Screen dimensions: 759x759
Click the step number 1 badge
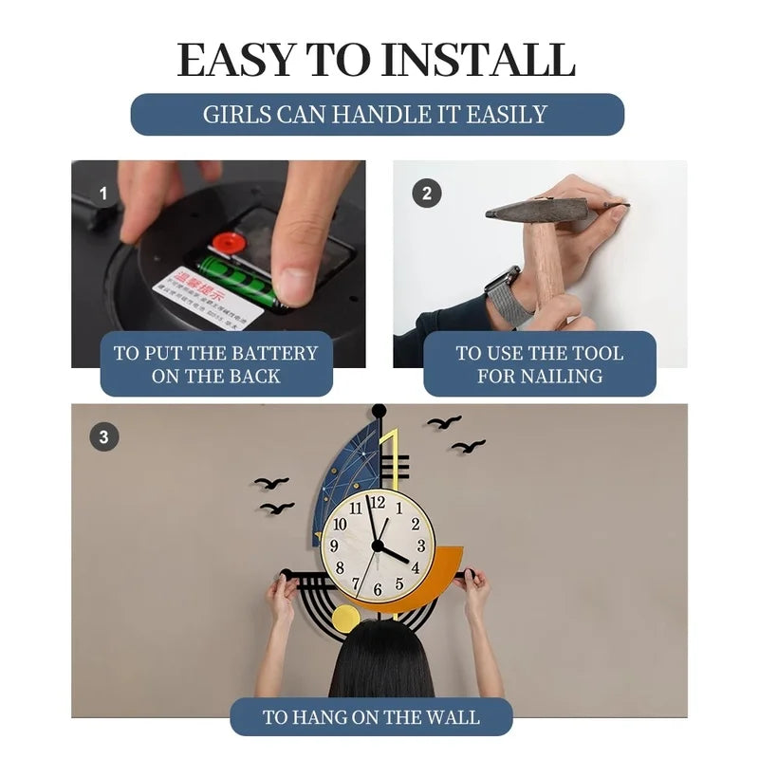(x=104, y=194)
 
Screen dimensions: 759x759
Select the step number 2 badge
(x=427, y=194)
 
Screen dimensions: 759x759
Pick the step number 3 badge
(x=104, y=437)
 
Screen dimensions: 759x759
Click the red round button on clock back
(x=228, y=243)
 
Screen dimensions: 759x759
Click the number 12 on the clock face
(x=378, y=502)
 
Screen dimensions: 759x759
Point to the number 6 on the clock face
(x=378, y=589)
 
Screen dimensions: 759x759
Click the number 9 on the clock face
(x=334, y=546)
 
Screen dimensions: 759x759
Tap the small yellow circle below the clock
(x=345, y=619)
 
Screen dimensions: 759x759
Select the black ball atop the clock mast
(x=379, y=410)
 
